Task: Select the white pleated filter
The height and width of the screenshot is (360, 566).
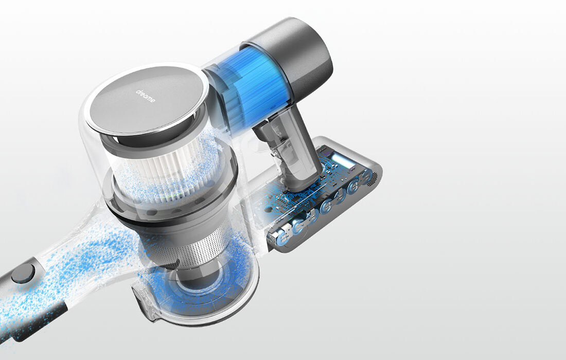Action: (170, 170)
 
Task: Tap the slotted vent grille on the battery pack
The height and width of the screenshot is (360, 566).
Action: (374, 177)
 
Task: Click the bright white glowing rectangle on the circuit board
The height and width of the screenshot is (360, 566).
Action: (342, 159)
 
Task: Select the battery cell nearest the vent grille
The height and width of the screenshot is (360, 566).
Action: (365, 177)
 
